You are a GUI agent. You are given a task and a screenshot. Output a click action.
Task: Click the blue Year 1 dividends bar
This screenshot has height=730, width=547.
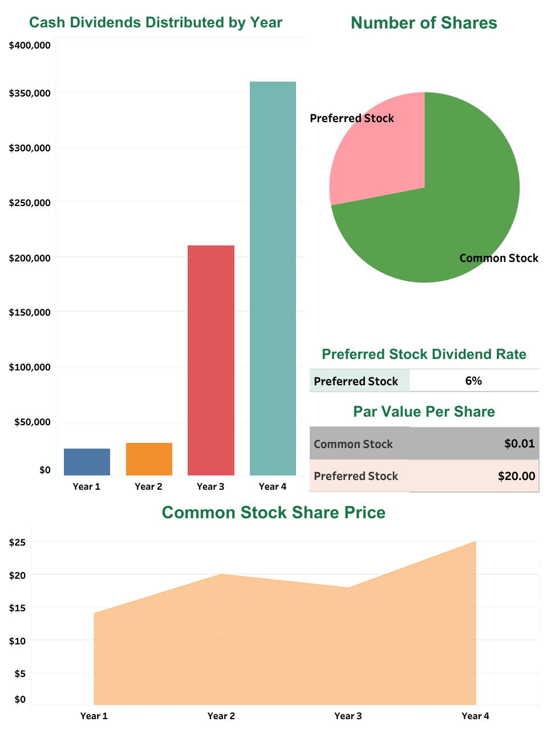pos(87,462)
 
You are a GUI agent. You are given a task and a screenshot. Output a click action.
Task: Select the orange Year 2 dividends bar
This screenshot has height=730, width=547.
pos(149,459)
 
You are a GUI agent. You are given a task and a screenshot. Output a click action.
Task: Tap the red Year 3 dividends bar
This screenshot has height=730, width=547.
pos(211,360)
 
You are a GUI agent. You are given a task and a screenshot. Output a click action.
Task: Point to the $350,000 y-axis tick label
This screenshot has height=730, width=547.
pos(30,93)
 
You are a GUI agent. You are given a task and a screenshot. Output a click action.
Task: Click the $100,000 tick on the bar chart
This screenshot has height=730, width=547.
pos(30,367)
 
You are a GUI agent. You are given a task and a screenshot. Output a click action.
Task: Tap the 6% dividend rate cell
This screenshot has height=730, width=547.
pos(473,381)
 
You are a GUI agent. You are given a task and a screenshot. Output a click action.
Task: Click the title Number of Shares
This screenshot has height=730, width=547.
pos(424,23)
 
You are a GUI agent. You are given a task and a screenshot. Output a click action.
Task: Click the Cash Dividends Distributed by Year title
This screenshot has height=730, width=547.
pos(156,22)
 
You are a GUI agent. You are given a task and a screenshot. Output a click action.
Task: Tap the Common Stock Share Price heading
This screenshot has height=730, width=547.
pos(273,513)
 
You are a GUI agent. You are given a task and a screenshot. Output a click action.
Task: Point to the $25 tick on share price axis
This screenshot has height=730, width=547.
pos(17,542)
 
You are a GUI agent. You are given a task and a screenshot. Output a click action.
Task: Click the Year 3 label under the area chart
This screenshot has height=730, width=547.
pos(348,716)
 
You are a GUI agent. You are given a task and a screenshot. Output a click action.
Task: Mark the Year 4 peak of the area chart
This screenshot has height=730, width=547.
pos(475,542)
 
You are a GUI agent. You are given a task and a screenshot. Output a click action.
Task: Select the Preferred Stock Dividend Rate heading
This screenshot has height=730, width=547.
pos(424,354)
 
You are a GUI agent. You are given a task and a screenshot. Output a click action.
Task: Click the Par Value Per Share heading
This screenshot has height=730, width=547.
pos(424,412)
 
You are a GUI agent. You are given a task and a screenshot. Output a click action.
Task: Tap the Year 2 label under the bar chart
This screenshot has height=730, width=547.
pos(148,486)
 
